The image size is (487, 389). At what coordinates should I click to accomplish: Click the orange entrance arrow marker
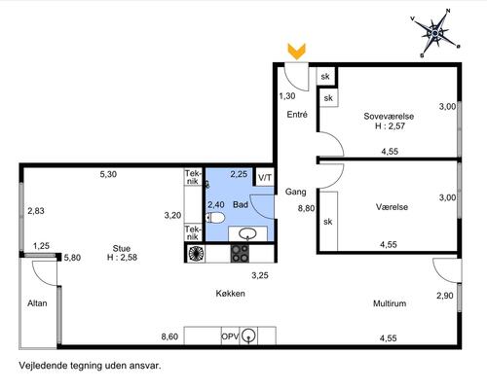pos(297,52)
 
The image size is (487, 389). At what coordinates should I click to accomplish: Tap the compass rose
pos(435,33)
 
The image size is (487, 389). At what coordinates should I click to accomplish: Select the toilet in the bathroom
pos(215,218)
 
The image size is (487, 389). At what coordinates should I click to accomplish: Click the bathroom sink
pos(248,233)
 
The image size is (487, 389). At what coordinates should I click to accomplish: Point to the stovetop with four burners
pos(240,253)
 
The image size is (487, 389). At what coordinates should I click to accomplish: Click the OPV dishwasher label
pos(230,336)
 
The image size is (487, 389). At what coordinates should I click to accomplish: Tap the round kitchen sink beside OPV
pos(249,336)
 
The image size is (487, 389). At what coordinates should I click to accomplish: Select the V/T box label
pos(265,178)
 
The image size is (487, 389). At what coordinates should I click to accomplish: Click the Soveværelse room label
pos(389,117)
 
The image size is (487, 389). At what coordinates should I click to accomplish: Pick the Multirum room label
pos(390,303)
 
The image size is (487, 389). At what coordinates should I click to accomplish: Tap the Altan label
pos(37,303)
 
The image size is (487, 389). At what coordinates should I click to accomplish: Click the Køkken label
pos(231,294)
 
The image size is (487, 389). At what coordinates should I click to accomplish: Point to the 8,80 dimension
pos(306,208)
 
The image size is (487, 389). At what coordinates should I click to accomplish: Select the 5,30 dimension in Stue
pos(108,174)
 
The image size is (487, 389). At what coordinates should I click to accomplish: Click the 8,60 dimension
pos(169,336)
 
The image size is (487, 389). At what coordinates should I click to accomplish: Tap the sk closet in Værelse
pos(328,222)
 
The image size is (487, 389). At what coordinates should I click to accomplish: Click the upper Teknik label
pos(193,177)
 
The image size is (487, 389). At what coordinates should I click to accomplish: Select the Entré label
pos(297,115)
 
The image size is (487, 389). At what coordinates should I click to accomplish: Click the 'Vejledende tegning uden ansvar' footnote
pos(90,366)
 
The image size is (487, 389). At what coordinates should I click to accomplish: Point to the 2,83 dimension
pos(36,211)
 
